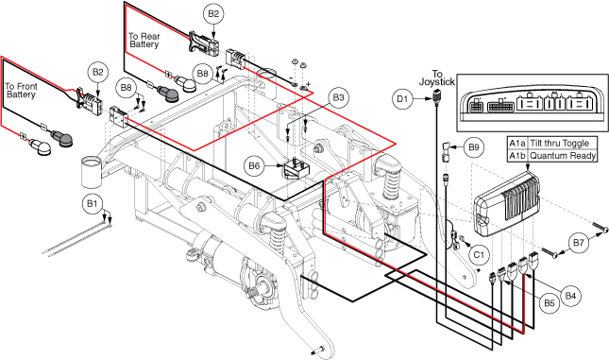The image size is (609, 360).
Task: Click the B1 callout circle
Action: (92, 204)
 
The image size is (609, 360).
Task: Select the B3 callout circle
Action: (338, 97)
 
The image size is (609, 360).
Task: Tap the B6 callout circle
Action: (254, 166)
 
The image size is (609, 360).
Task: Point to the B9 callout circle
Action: (473, 147)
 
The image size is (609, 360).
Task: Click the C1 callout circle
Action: (479, 254)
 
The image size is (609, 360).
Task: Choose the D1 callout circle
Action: (402, 99)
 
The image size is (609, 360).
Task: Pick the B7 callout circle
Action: (579, 243)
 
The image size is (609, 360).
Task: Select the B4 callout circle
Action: (570, 296)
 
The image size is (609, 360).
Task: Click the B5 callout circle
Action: (550, 303)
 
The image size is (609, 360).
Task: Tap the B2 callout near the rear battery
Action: (213, 14)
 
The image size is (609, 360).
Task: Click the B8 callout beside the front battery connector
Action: (127, 88)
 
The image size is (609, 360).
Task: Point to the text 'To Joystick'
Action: (437, 77)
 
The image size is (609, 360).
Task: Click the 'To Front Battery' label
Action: (21, 91)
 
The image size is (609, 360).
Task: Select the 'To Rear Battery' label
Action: (144, 41)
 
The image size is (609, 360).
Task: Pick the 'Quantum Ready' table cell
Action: (563, 156)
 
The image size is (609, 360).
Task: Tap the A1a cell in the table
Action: (517, 143)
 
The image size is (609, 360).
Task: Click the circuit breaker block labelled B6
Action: (296, 168)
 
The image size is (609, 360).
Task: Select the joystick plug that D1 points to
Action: (436, 95)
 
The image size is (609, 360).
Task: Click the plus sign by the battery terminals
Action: (309, 84)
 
